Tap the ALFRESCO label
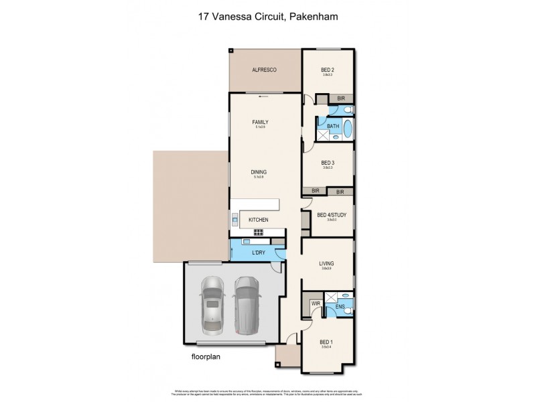point(264,70)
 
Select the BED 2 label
point(328,69)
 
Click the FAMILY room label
point(260,122)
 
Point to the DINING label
point(259,172)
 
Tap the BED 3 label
point(328,163)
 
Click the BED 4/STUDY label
point(330,214)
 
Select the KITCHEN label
point(259,220)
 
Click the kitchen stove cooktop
point(257,232)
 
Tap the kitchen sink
point(235,219)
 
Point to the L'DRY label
point(258,253)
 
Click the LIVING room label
point(327,264)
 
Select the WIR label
point(314,304)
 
